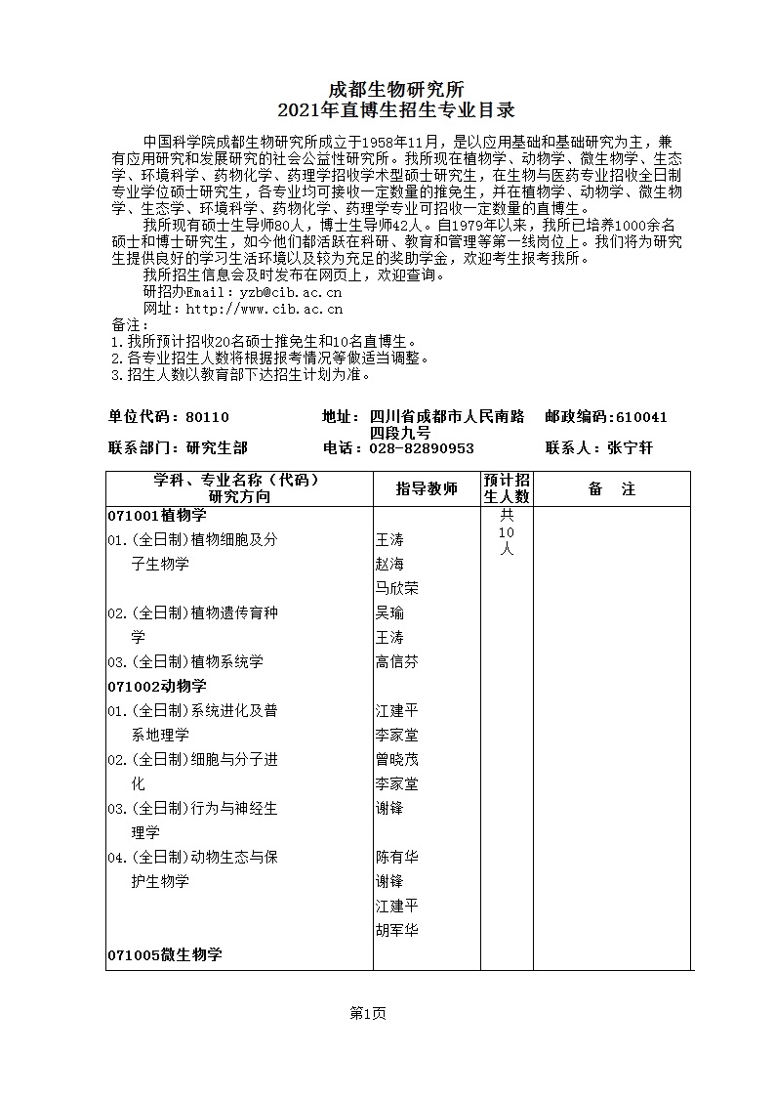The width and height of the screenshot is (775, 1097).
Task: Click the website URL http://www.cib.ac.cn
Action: pos(264,309)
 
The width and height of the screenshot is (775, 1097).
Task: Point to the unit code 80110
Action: pos(206,417)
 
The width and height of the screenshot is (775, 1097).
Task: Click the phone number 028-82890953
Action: pos(421,448)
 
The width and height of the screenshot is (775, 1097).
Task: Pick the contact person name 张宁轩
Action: pos(630,448)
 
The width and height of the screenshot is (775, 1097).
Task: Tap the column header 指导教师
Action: pos(427,488)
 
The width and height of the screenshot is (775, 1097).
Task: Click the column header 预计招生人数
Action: pos(507,488)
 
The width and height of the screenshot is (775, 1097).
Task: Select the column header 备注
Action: pos(612,488)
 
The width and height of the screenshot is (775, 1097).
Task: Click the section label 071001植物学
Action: pos(157,515)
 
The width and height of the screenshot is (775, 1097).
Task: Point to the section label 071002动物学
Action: pos(157,686)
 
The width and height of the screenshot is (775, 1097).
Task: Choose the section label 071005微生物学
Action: pos(165,954)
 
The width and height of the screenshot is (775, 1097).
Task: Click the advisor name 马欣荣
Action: pos(397,588)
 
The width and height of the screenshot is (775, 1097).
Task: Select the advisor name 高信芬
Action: pos(397,661)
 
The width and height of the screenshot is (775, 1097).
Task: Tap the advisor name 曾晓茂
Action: pos(397,759)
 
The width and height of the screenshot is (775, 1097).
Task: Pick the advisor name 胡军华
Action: pos(397,930)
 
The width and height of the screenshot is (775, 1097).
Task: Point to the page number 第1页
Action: pos(368,1013)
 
